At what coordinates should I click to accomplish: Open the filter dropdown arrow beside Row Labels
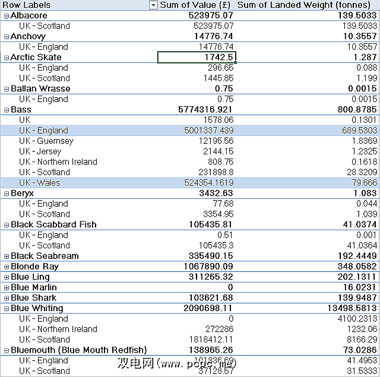[153, 5]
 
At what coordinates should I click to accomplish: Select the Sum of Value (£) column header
[197, 5]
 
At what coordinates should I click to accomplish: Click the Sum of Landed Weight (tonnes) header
[307, 5]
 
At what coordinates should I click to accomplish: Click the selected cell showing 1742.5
[197, 58]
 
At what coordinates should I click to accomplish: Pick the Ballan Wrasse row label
[40, 89]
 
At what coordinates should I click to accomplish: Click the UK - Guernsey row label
[46, 141]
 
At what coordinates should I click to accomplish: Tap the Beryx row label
[23, 194]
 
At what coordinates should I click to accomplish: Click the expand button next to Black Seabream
[6, 256]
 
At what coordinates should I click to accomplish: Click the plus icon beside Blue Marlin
[6, 287]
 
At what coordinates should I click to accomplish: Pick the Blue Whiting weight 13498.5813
[350, 308]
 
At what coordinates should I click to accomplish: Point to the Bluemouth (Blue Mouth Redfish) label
[78, 350]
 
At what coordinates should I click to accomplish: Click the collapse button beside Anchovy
[6, 37]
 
